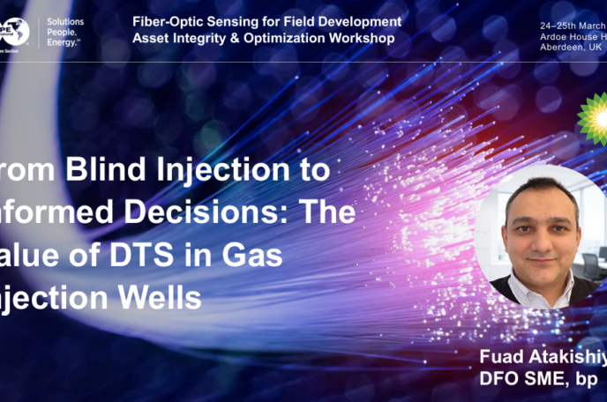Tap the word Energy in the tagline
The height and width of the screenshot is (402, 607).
coord(65,41)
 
